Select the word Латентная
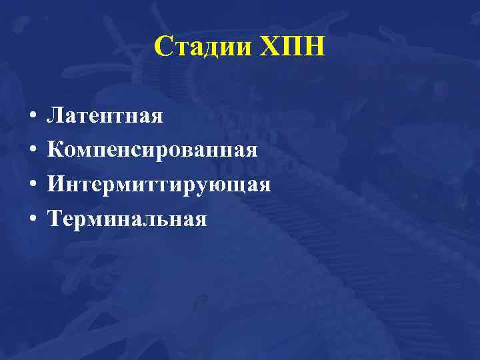coord(105,116)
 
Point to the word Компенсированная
coord(151,150)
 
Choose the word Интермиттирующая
coord(158,184)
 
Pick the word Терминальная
coord(127,218)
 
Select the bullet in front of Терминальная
coord(32,219)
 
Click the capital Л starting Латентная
coord(54,116)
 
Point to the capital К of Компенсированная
coord(55,150)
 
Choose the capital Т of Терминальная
coord(53,218)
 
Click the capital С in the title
coord(163,47)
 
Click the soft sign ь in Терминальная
coord(165,219)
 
